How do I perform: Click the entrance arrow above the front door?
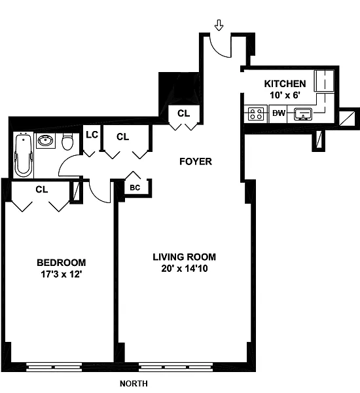219,26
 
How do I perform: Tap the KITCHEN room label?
285,84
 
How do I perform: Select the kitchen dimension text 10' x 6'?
285,95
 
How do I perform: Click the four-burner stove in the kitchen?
256,113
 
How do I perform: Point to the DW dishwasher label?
279,113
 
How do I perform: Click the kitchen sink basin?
303,113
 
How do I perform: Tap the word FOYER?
196,161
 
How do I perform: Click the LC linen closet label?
92,135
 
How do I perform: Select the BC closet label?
135,187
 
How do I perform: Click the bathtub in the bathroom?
24,156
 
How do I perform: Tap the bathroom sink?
46,140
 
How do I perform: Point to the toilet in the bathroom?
67,141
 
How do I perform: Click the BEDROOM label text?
62,263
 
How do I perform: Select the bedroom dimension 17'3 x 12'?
62,274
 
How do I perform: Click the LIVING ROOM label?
185,257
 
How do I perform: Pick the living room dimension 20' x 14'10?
185,269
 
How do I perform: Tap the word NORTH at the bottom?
134,383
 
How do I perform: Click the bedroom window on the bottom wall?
54,367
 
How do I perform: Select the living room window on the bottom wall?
176,367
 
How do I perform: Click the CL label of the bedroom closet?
42,189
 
